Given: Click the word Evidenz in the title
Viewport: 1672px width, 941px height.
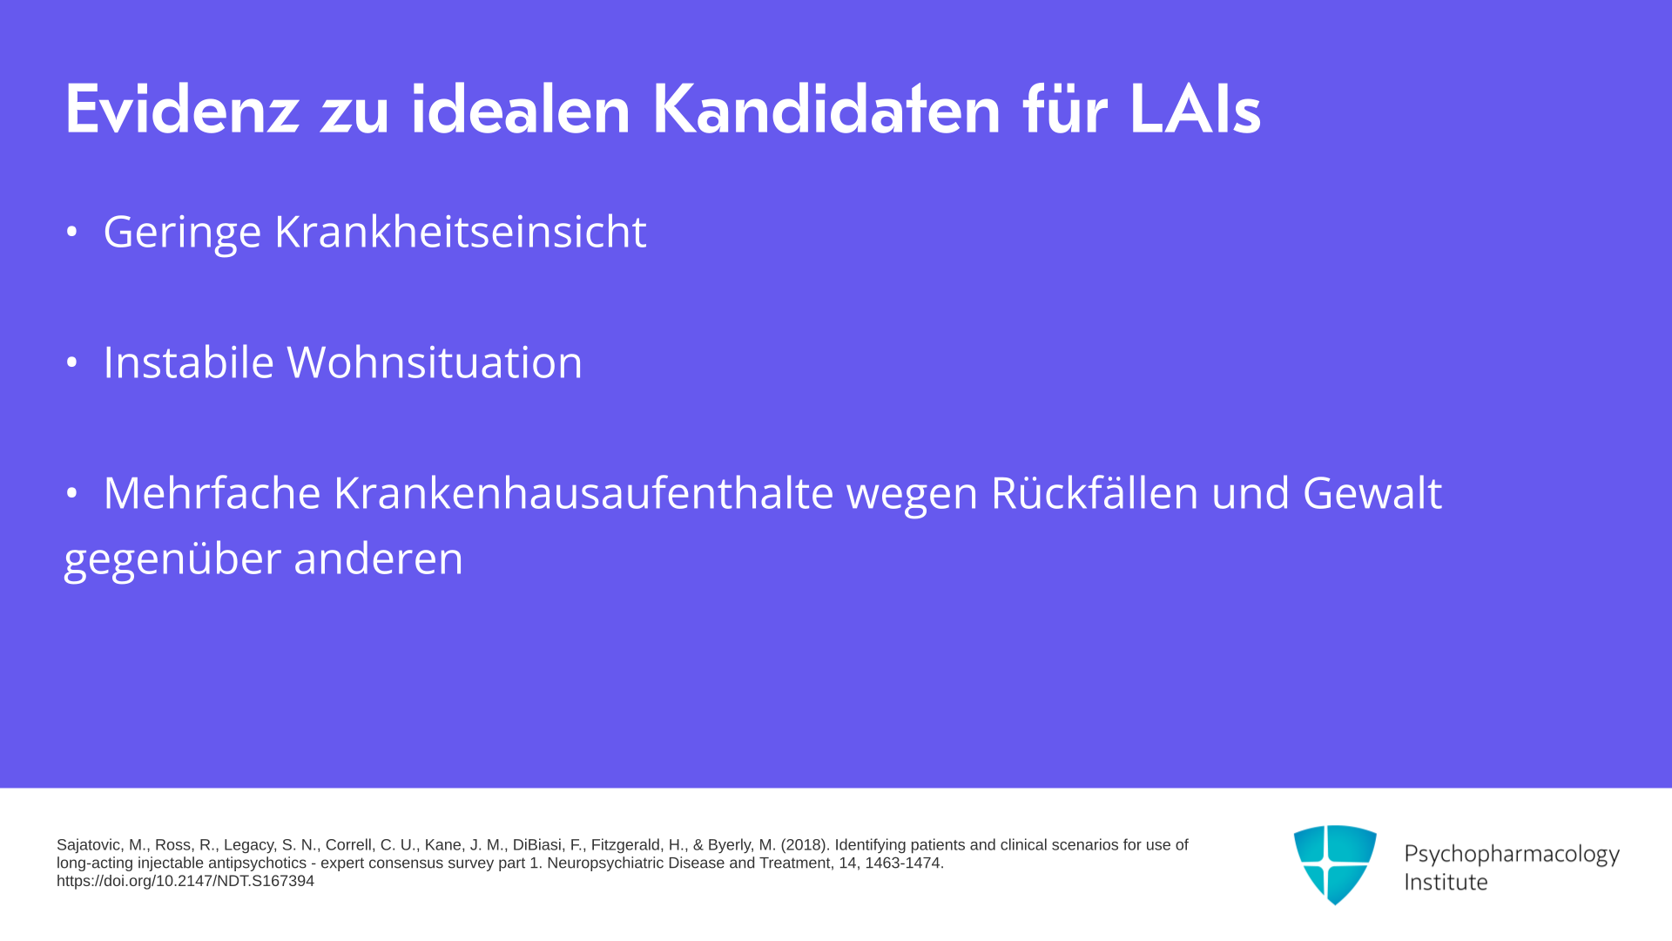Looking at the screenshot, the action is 182,109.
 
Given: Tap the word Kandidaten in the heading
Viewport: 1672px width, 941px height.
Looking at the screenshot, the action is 826,109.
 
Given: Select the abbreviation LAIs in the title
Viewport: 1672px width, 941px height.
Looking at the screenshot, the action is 1195,109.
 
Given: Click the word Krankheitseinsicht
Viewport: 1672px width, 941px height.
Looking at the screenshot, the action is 461,231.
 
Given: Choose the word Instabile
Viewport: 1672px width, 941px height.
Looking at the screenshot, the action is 188,362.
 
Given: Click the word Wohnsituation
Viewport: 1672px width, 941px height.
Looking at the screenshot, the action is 435,362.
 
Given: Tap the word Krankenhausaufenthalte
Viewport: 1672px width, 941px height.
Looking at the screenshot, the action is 583,492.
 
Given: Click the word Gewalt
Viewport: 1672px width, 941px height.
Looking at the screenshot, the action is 1372,492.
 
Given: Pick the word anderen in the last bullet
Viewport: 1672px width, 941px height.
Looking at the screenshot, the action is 378,558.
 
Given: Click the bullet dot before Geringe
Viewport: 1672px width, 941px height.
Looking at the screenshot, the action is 72,232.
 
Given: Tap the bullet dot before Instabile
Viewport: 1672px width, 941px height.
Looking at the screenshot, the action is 72,362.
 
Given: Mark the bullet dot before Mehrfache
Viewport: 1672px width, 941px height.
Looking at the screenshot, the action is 72,493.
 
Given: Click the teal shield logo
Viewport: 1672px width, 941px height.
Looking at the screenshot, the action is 1335,863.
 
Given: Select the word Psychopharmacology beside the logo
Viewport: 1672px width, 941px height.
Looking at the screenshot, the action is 1512,855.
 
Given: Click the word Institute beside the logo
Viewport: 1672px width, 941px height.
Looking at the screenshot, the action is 1446,882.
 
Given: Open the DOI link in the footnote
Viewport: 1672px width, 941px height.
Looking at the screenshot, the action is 185,881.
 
